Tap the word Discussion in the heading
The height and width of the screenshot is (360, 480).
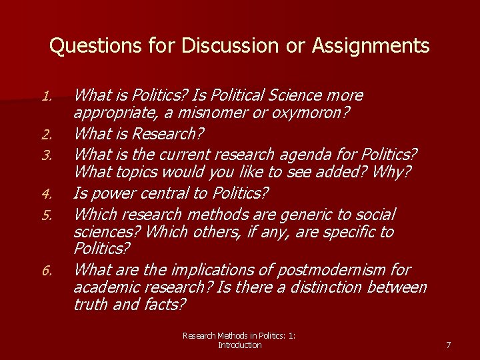point(219,46)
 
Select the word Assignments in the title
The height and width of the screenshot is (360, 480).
point(372,46)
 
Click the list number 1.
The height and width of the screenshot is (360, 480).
point(47,97)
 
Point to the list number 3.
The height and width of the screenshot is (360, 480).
point(47,156)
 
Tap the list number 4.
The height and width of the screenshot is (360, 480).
point(47,195)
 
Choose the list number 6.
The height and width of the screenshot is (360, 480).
point(47,271)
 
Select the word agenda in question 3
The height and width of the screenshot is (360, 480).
point(292,155)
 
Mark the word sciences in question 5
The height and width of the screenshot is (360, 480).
point(106,232)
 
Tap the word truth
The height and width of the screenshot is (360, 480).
point(90,305)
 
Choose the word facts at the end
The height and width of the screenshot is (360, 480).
point(164,305)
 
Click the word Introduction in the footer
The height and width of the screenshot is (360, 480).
point(239,345)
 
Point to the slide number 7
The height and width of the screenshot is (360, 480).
point(448,345)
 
